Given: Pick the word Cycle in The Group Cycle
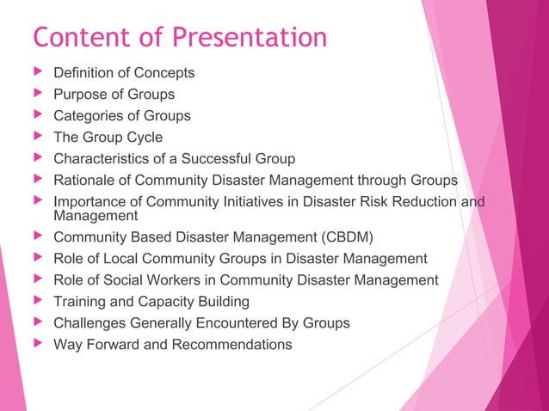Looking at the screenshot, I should (143, 138).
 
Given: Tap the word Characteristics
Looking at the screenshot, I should (105, 159).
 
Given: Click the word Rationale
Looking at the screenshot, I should (86, 181).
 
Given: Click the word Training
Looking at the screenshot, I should (80, 302).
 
